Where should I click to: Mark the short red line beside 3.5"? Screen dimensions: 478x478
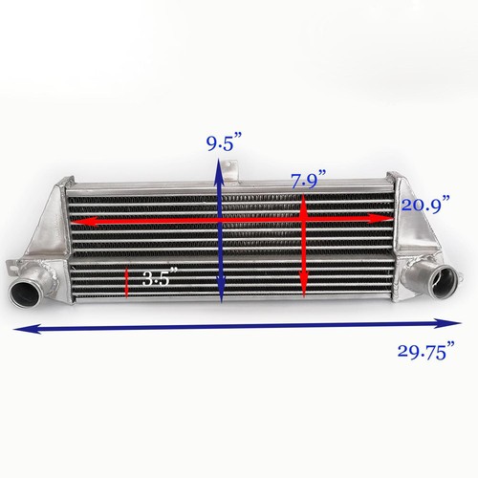tap(127, 281)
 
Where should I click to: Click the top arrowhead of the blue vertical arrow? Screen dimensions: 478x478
tap(222, 167)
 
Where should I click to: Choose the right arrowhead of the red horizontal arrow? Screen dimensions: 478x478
tap(390, 219)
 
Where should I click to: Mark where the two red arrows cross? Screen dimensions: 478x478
tap(303, 220)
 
